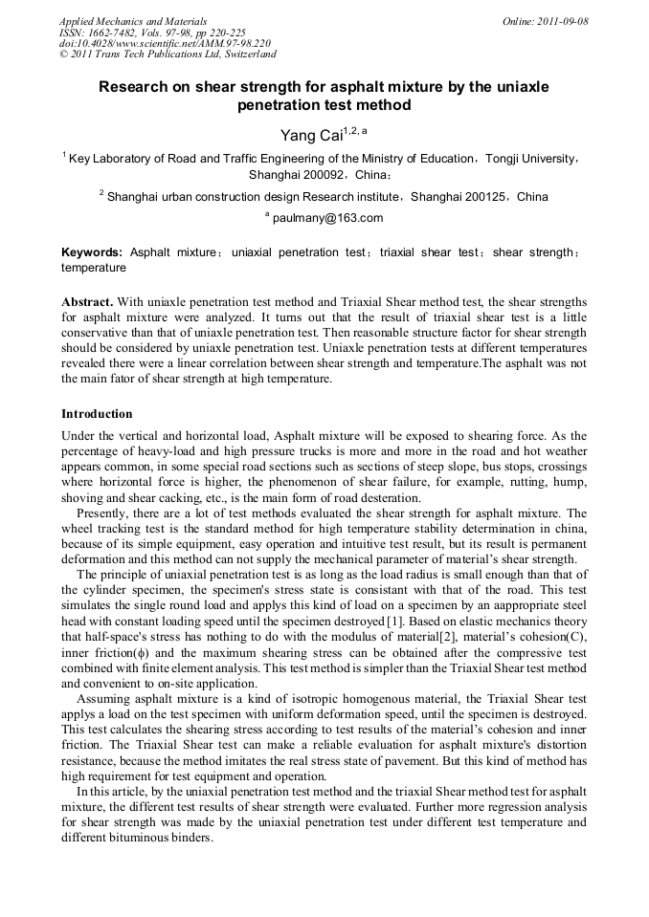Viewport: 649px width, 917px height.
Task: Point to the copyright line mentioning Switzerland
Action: pyautogui.click(x=168, y=55)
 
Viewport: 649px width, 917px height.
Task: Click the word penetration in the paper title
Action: pyautogui.click(x=282, y=105)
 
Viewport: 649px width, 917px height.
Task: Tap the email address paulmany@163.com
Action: pyautogui.click(x=327, y=218)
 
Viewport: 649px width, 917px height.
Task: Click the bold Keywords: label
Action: pyautogui.click(x=92, y=252)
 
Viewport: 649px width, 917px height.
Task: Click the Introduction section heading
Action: pyautogui.click(x=97, y=414)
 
